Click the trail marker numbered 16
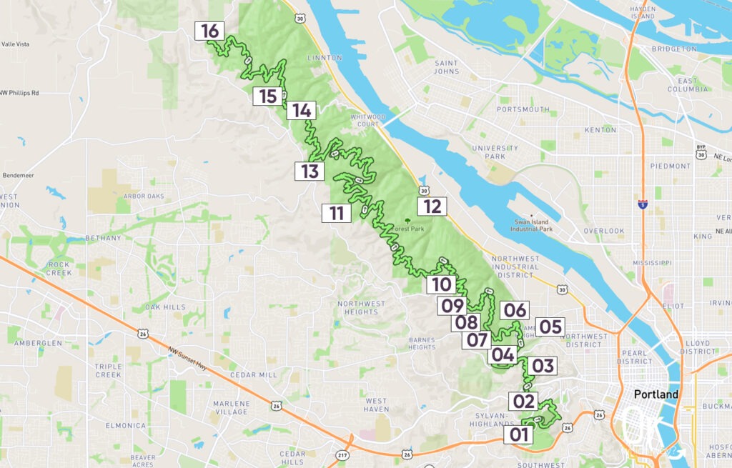[209, 31]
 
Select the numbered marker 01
[518, 434]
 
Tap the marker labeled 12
[432, 206]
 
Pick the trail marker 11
[336, 213]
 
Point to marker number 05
[550, 327]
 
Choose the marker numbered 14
[301, 111]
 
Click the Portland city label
[656, 394]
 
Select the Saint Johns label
[446, 67]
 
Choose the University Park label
[488, 151]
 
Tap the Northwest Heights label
[361, 307]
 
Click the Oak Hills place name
[165, 307]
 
